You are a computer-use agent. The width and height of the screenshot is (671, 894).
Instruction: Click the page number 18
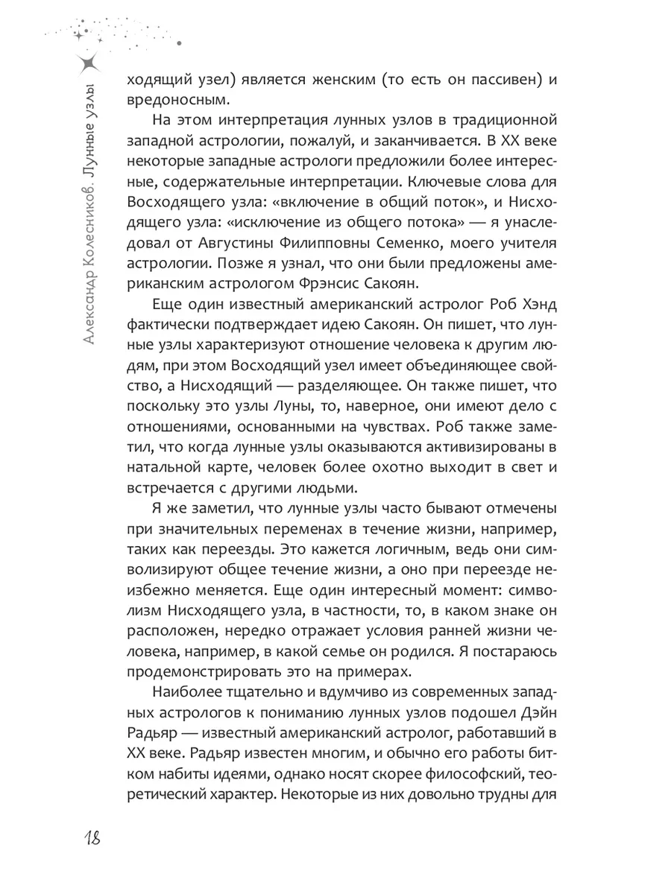pyautogui.click(x=87, y=839)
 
